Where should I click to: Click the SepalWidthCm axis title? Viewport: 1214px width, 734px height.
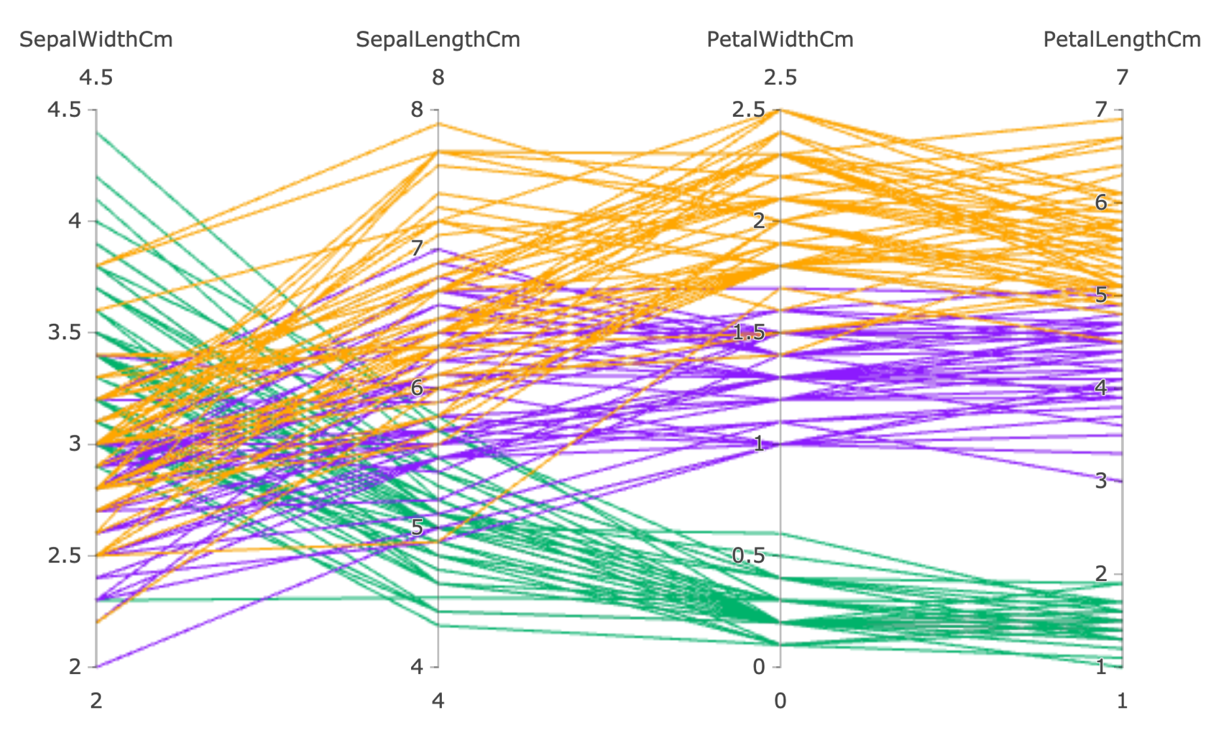point(96,40)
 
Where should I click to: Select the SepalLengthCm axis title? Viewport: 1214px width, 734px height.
point(438,40)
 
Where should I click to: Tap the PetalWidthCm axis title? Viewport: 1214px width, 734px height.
point(779,40)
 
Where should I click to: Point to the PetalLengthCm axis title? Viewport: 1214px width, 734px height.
point(1121,40)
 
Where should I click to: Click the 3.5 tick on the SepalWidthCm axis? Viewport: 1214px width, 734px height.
point(65,332)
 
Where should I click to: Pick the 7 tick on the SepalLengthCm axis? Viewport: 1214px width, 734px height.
point(417,248)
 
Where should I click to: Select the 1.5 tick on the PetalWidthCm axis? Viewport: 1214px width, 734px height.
point(749,332)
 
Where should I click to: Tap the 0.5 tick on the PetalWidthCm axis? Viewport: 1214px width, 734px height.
point(749,556)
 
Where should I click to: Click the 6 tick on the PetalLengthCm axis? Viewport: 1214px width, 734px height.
point(1100,202)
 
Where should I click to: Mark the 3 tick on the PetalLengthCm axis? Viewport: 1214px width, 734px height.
point(1100,481)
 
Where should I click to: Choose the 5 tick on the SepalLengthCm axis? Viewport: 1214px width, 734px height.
point(417,528)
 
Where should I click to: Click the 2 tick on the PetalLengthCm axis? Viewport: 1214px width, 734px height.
point(1100,574)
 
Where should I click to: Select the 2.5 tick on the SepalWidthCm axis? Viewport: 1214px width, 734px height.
point(65,556)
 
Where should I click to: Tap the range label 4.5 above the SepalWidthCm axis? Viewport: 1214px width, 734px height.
point(96,78)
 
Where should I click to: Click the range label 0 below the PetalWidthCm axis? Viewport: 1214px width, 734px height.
point(779,701)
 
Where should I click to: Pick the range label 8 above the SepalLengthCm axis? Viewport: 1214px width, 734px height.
point(438,78)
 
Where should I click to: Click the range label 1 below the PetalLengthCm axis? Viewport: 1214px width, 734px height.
point(1122,701)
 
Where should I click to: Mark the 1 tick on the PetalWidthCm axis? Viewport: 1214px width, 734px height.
point(759,444)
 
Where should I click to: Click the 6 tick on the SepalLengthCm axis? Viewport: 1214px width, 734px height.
point(417,388)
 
